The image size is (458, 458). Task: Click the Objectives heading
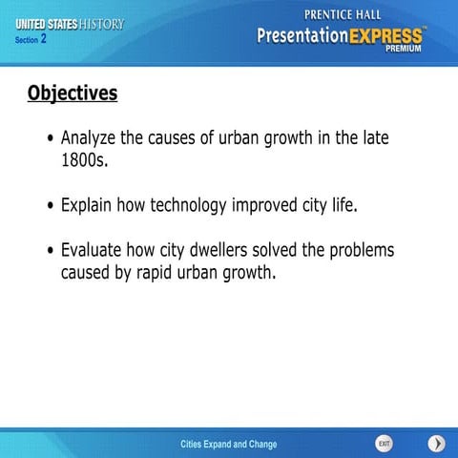(73, 94)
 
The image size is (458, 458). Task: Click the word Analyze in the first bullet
(92, 138)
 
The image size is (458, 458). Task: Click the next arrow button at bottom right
(436, 444)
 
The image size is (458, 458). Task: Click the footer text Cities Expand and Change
(229, 445)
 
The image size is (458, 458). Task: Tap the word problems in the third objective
(362, 251)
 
